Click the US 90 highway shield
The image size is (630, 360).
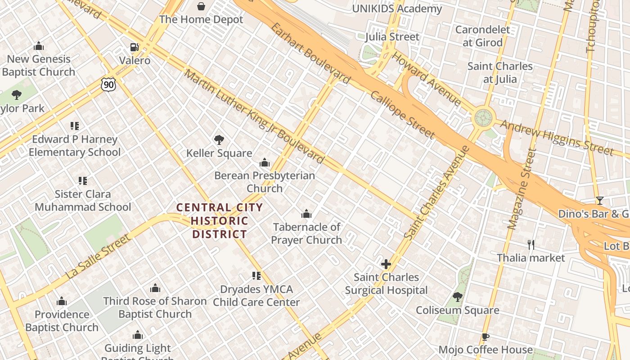[108, 84]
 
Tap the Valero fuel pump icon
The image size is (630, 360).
[134, 47]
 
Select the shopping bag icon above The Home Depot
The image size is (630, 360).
[201, 6]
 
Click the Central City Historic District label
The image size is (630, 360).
[220, 220]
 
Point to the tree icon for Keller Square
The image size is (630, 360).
[219, 140]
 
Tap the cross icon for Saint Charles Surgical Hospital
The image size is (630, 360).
[386, 264]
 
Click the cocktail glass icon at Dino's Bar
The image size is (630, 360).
[599, 201]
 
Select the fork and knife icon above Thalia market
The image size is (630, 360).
[531, 245]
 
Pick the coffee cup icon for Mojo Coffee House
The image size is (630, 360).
[485, 337]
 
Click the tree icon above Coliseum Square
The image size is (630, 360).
[457, 297]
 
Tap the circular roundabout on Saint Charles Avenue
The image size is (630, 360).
[484, 118]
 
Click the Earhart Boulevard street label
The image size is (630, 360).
[310, 53]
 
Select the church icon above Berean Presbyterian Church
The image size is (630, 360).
[265, 162]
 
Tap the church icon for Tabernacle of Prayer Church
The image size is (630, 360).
[306, 214]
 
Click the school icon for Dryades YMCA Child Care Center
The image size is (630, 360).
[256, 276]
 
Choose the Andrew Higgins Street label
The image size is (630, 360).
[557, 137]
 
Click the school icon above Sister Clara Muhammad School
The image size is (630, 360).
[83, 181]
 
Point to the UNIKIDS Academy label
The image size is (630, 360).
[397, 9]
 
